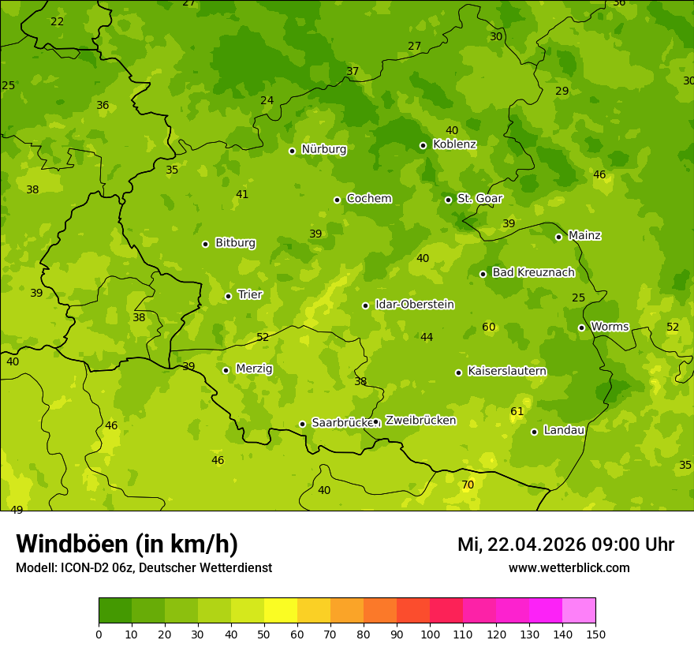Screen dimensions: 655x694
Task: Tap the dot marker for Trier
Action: coord(229,296)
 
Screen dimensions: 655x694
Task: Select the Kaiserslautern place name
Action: coord(506,371)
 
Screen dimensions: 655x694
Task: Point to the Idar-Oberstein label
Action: coord(414,305)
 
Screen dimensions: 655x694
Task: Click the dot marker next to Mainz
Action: coord(558,237)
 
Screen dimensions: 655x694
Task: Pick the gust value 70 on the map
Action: coord(468,485)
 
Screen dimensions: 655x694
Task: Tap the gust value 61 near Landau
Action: coord(517,411)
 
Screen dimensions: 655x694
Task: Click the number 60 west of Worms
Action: coord(489,327)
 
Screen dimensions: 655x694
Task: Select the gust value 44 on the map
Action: coord(427,337)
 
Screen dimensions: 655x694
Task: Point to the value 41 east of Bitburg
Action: coord(242,194)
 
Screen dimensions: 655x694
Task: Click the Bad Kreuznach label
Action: coord(533,272)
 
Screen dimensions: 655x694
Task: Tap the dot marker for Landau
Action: coord(534,432)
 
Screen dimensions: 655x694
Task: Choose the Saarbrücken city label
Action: coord(342,422)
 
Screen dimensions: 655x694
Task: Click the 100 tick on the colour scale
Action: coord(430,634)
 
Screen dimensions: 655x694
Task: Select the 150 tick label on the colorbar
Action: coord(595,634)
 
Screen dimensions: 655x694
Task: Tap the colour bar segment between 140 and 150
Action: coord(579,611)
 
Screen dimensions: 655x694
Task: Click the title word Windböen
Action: coord(72,544)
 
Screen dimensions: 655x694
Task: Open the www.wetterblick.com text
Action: coord(569,568)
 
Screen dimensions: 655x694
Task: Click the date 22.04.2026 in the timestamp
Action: coord(536,545)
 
